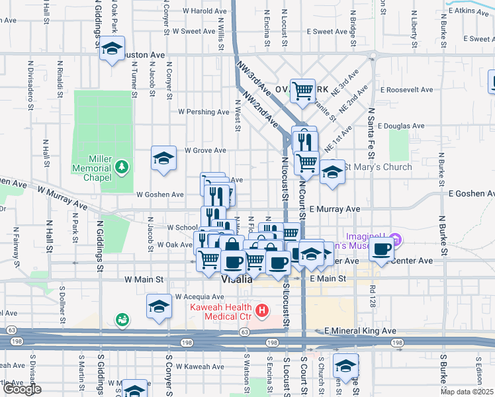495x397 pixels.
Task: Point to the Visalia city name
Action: coord(236,279)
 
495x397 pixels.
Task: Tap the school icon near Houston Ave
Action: coord(112,49)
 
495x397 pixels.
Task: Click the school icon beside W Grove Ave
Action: coord(163,159)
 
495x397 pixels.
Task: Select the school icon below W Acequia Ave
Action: coord(159,307)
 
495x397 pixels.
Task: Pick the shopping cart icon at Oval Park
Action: coord(303,91)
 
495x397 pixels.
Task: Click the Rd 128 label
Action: coord(373,292)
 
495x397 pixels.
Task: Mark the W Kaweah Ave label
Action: coord(200,366)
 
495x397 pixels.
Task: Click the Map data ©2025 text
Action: coord(467,392)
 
